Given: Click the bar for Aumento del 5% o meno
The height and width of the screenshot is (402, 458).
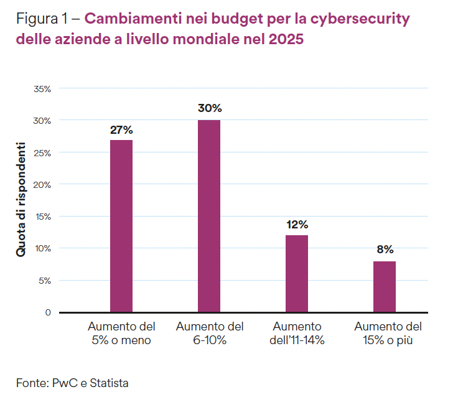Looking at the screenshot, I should tap(121, 226).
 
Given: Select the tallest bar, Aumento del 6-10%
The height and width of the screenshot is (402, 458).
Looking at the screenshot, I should tap(209, 216).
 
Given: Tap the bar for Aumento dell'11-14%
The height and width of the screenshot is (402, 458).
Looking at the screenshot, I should tap(297, 273).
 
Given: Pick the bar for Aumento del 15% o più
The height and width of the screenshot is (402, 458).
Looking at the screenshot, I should tap(385, 286).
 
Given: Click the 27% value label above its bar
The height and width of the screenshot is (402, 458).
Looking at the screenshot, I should tap(121, 130).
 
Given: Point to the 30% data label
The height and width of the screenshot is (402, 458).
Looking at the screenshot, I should tap(210, 108).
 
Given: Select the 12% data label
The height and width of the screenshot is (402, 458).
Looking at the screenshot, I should tap(297, 225).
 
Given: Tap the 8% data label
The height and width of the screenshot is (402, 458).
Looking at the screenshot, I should tap(385, 250).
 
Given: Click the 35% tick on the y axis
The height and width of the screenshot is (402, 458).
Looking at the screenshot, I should tap(42, 88).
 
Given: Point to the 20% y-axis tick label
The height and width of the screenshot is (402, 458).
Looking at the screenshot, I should tap(42, 184).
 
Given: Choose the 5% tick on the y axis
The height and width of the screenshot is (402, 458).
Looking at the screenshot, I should tap(44, 280).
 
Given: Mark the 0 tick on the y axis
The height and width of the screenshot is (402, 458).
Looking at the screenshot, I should tap(47, 312).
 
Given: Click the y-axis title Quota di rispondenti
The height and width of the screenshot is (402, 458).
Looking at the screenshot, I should tap(21, 200).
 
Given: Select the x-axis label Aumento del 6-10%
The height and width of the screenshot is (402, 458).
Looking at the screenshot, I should tap(210, 333).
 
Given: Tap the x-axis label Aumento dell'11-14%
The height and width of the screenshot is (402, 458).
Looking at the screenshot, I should tap(297, 333).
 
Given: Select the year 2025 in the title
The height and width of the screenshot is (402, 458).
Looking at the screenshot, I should tap(286, 40).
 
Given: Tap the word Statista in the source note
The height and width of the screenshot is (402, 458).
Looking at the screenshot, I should tap(110, 383).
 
